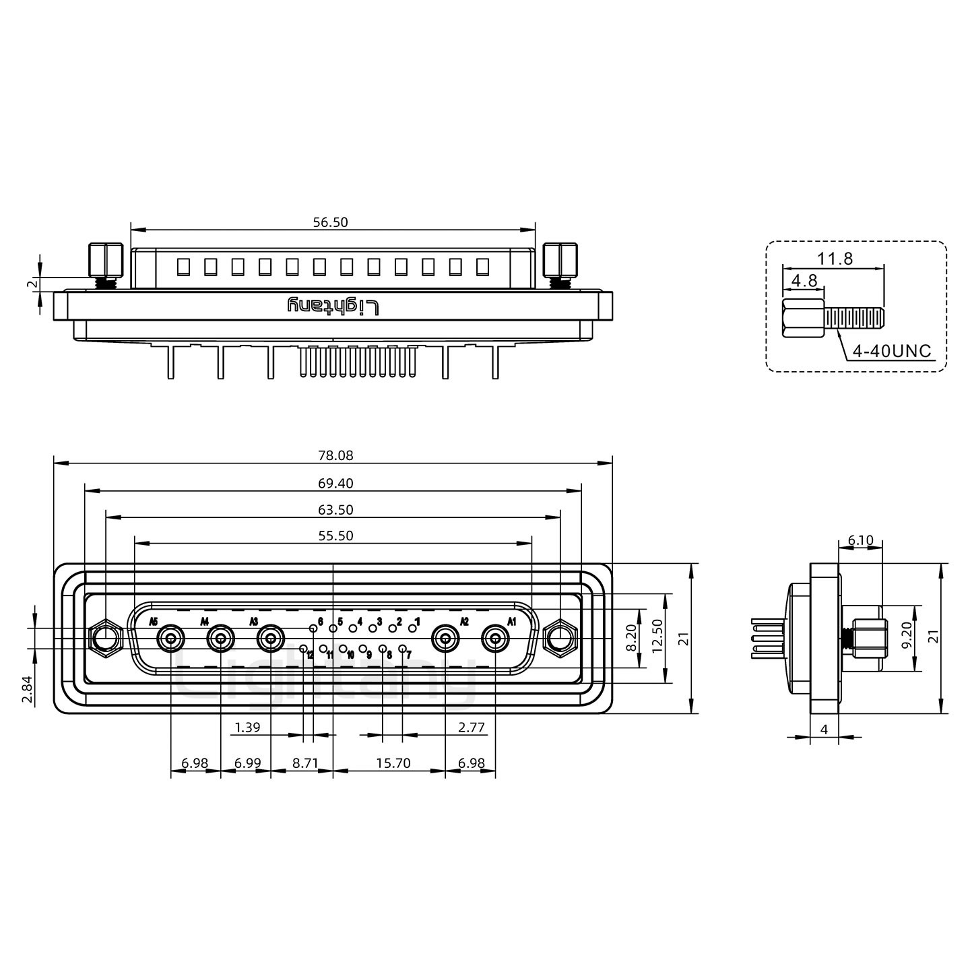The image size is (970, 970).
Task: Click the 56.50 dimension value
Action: pyautogui.click(x=330, y=222)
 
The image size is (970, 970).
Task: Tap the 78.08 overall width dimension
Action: pyautogui.click(x=335, y=455)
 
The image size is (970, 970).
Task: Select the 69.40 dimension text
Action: pyautogui.click(x=335, y=483)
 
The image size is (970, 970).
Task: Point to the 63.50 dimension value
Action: pyautogui.click(x=335, y=509)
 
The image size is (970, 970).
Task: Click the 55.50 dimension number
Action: pyautogui.click(x=335, y=536)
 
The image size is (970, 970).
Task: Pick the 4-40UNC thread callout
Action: pyautogui.click(x=891, y=351)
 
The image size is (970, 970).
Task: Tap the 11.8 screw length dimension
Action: pyautogui.click(x=835, y=258)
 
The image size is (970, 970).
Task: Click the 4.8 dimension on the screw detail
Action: pyautogui.click(x=804, y=280)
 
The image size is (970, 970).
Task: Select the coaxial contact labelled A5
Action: pyautogui.click(x=170, y=639)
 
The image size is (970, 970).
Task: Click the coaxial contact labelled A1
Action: pyautogui.click(x=495, y=639)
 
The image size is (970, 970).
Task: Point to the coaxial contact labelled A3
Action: pyautogui.click(x=271, y=639)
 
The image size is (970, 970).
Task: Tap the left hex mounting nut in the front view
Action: pyautogui.click(x=105, y=639)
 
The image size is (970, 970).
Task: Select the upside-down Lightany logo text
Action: pyautogui.click(x=333, y=306)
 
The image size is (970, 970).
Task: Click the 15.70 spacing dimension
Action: pyautogui.click(x=393, y=763)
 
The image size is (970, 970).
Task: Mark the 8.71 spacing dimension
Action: pyautogui.click(x=305, y=763)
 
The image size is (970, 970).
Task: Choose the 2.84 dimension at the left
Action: pyautogui.click(x=27, y=689)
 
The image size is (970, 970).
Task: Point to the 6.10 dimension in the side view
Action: pyautogui.click(x=861, y=541)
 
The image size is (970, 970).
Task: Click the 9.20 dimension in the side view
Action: pyautogui.click(x=907, y=635)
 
